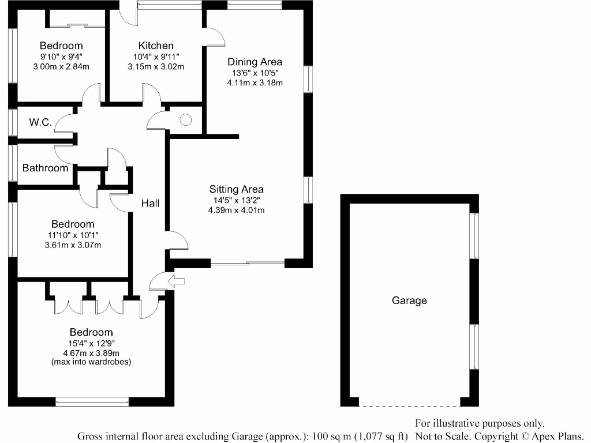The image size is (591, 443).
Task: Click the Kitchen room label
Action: pos(156,46)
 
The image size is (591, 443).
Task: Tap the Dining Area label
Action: pos(255,62)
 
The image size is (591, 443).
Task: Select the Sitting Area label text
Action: pos(236,189)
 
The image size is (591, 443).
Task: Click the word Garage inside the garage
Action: pos(409,300)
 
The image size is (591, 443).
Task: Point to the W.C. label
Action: pos(40,122)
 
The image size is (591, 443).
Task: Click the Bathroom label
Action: pos(45,168)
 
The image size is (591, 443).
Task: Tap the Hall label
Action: pos(151,203)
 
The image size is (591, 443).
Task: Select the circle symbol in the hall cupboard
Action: pos(185,120)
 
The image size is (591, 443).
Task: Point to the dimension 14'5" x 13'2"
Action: pos(236,200)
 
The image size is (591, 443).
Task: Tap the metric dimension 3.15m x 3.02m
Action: pos(156,66)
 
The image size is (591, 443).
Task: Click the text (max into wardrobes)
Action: pos(91,362)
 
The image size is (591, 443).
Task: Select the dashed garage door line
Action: pos(409,406)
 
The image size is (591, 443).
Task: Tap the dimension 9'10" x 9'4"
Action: pos(61,57)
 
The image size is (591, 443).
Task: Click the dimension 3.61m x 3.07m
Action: pos(73,245)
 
